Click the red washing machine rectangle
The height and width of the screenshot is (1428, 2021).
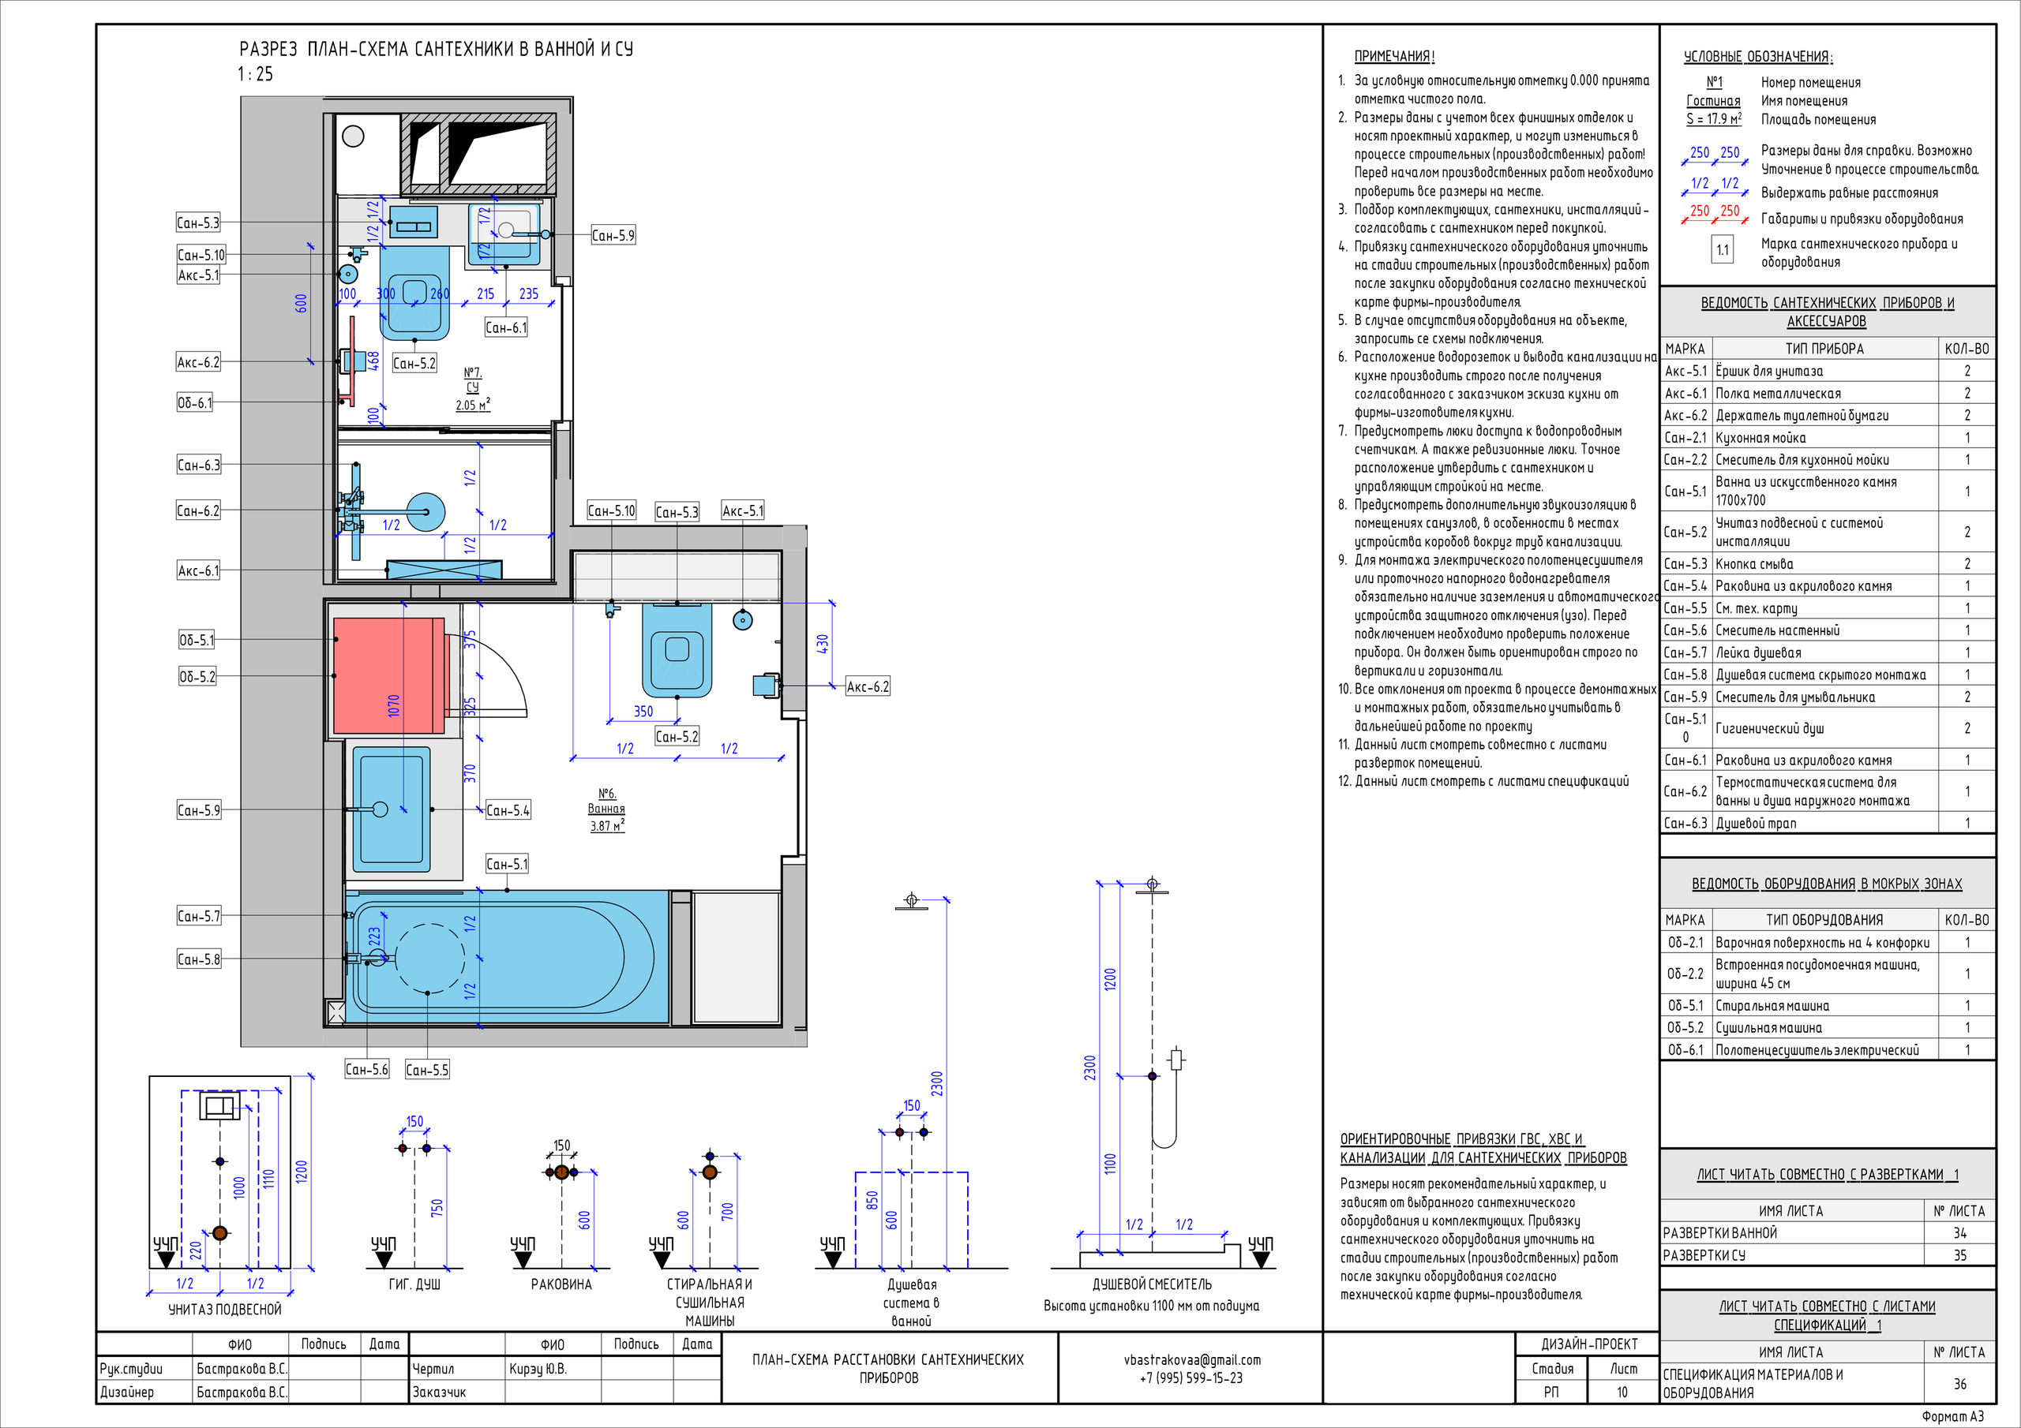[389, 675]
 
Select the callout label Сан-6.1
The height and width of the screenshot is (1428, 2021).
[506, 328]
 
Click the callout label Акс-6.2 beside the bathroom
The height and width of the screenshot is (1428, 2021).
[868, 687]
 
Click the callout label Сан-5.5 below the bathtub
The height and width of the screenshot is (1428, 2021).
[427, 1070]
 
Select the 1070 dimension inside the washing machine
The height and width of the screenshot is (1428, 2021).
[393, 705]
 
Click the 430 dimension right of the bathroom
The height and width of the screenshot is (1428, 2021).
[822, 644]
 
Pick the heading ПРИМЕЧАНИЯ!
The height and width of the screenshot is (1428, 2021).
[1394, 56]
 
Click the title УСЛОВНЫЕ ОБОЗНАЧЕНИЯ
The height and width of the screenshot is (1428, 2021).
[1758, 56]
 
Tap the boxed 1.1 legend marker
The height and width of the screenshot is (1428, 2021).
[1723, 250]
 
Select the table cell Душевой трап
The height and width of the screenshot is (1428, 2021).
[1756, 824]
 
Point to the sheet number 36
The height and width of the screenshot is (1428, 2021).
[1960, 1384]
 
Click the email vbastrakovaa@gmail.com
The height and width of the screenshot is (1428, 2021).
[1192, 1360]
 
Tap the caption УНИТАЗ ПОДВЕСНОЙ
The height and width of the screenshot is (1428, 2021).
[225, 1309]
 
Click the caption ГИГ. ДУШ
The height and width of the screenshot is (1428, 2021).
[414, 1284]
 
